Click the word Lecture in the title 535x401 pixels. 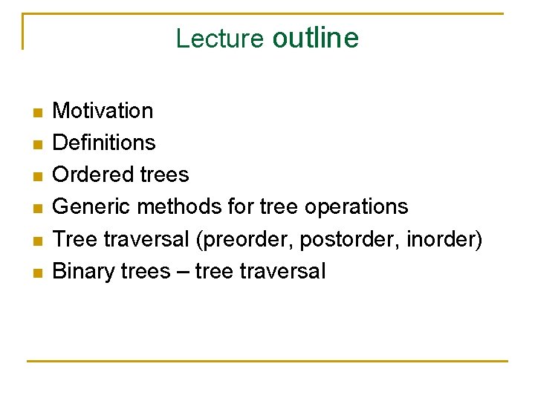[x=219, y=38]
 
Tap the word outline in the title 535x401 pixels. [x=315, y=37]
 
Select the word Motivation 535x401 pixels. [x=103, y=111]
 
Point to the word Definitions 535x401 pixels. [x=105, y=143]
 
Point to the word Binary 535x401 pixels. [x=82, y=271]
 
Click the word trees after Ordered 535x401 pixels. [x=163, y=175]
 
